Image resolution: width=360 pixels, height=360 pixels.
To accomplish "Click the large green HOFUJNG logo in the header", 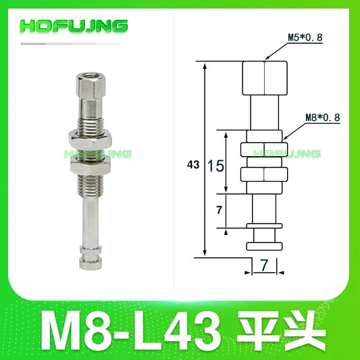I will coord(74,26).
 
